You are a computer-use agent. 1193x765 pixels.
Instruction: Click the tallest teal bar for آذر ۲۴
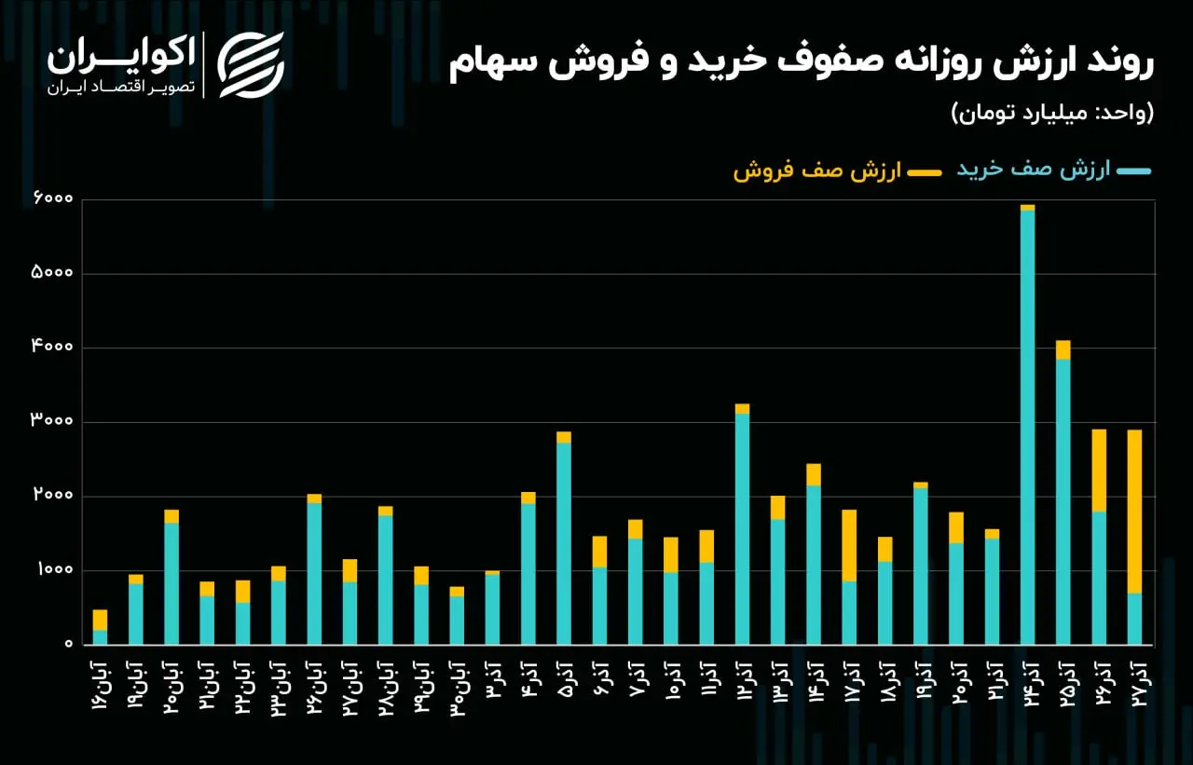click(x=1028, y=428)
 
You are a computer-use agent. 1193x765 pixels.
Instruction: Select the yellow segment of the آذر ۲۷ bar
click(x=1134, y=512)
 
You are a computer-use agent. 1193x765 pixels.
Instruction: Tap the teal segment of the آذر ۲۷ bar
click(x=1134, y=619)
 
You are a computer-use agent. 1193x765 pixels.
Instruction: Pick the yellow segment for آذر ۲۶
click(x=1099, y=471)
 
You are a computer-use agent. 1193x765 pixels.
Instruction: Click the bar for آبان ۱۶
click(x=100, y=627)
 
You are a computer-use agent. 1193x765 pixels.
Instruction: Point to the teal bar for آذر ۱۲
click(x=743, y=529)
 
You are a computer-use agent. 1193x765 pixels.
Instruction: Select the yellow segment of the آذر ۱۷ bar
click(x=849, y=546)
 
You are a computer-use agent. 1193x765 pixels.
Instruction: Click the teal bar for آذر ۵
click(x=564, y=543)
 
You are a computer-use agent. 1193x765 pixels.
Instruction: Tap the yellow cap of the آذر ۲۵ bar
click(x=1063, y=349)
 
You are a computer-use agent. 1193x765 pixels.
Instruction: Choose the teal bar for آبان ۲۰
click(x=171, y=584)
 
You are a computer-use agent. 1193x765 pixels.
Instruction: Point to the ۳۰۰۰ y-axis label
click(x=52, y=420)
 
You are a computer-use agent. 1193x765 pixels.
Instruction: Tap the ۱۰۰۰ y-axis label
click(x=55, y=568)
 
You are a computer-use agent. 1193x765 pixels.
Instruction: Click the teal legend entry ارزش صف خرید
click(x=1053, y=170)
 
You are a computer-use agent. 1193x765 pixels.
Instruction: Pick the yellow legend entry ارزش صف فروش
click(x=837, y=171)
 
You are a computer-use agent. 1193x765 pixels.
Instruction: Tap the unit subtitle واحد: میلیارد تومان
click(x=1053, y=113)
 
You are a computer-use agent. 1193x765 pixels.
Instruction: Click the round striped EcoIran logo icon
click(x=251, y=65)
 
